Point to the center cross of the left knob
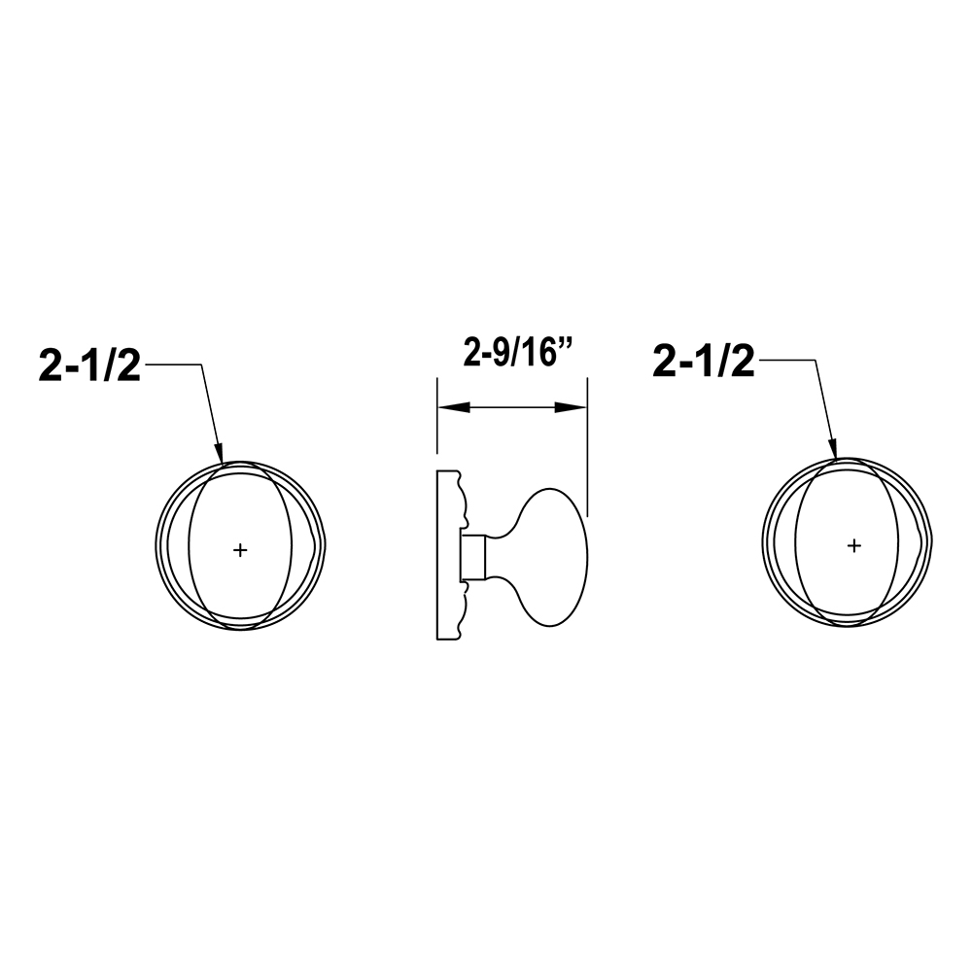click(x=240, y=549)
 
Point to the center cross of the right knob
click(x=853, y=545)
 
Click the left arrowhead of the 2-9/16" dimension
click(x=453, y=408)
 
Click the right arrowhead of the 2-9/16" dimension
click(x=571, y=408)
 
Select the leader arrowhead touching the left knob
click(x=219, y=453)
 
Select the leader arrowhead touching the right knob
click(x=833, y=449)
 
